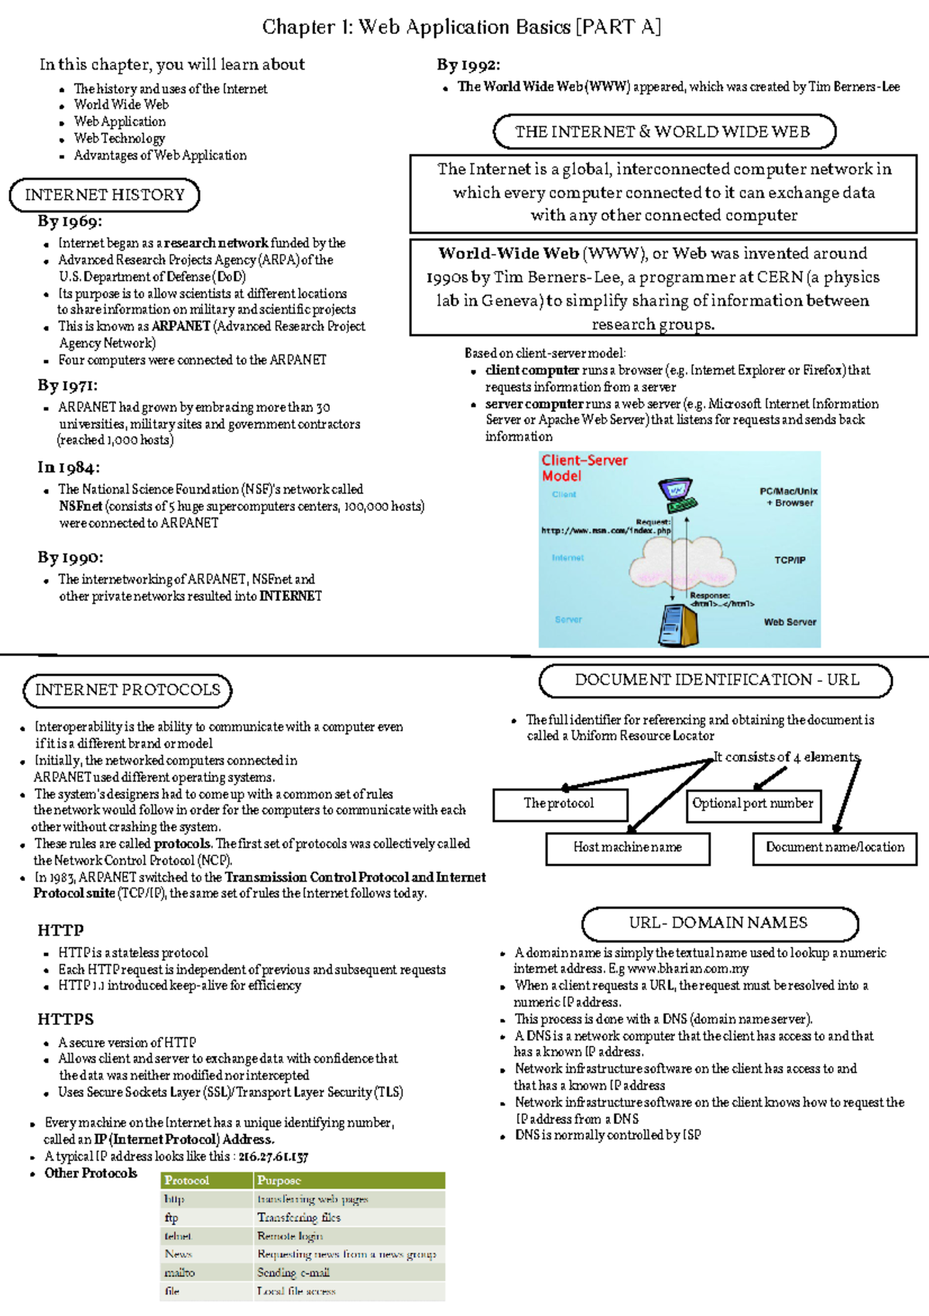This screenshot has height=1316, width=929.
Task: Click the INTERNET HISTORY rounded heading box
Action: click(105, 195)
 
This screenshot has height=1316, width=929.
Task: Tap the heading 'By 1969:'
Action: click(70, 221)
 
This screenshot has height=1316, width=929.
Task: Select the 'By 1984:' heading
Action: click(68, 468)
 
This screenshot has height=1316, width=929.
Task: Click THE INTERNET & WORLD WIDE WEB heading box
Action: click(663, 132)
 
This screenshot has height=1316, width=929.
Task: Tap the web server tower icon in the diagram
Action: click(679, 624)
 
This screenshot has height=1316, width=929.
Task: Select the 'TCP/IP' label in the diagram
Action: click(790, 560)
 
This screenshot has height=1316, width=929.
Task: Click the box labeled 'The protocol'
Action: click(560, 804)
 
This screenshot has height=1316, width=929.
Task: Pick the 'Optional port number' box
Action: click(752, 804)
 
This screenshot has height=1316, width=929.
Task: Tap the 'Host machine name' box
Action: click(627, 848)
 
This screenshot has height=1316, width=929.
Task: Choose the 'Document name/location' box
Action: click(835, 848)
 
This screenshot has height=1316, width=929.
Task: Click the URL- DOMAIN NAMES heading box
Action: click(719, 924)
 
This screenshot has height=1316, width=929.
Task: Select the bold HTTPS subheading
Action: click(66, 1020)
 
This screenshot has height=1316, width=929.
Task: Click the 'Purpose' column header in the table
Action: click(279, 1181)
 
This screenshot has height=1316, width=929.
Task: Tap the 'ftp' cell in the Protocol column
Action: click(172, 1218)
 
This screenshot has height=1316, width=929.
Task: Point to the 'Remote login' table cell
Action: click(290, 1236)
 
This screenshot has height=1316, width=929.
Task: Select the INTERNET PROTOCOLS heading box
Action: click(128, 691)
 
